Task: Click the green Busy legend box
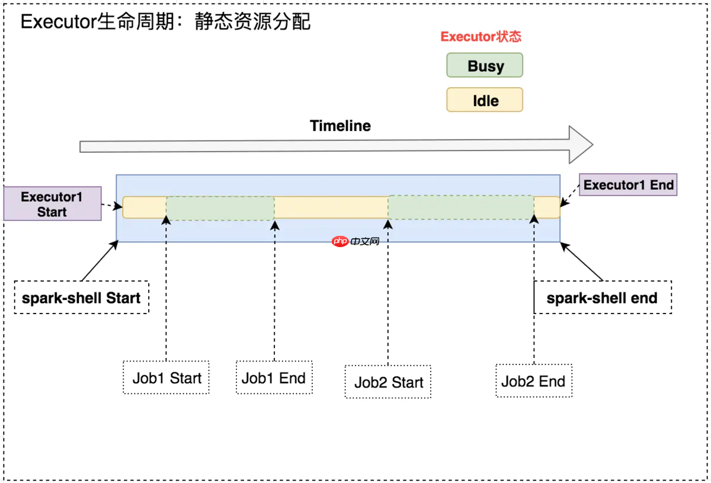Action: tap(485, 65)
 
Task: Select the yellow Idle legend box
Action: tap(485, 100)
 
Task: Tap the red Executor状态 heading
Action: tap(481, 37)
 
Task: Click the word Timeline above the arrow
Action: tap(340, 126)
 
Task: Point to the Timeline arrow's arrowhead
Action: tap(581, 145)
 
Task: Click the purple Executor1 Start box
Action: tap(52, 204)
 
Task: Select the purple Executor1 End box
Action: tap(628, 185)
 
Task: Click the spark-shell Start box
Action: tap(81, 298)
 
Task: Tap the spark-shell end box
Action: tap(602, 298)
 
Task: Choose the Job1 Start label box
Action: tap(166, 378)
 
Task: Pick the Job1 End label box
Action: tap(274, 378)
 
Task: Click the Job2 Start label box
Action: tap(389, 382)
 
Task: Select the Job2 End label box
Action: tap(533, 381)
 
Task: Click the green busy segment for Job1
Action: tap(220, 208)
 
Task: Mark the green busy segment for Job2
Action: tap(461, 207)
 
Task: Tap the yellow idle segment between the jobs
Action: tap(331, 207)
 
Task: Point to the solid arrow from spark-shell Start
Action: tap(99, 261)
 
